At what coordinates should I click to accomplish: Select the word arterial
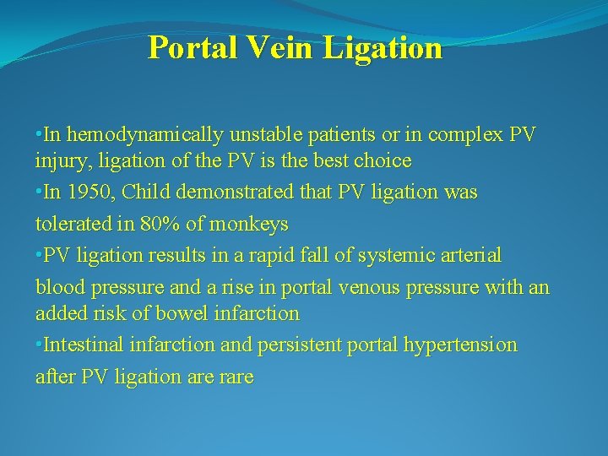pos(471,255)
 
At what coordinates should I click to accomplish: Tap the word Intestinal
pos(83,345)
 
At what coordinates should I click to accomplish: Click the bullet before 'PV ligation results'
pos(39,255)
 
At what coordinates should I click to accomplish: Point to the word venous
pos(365,287)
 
